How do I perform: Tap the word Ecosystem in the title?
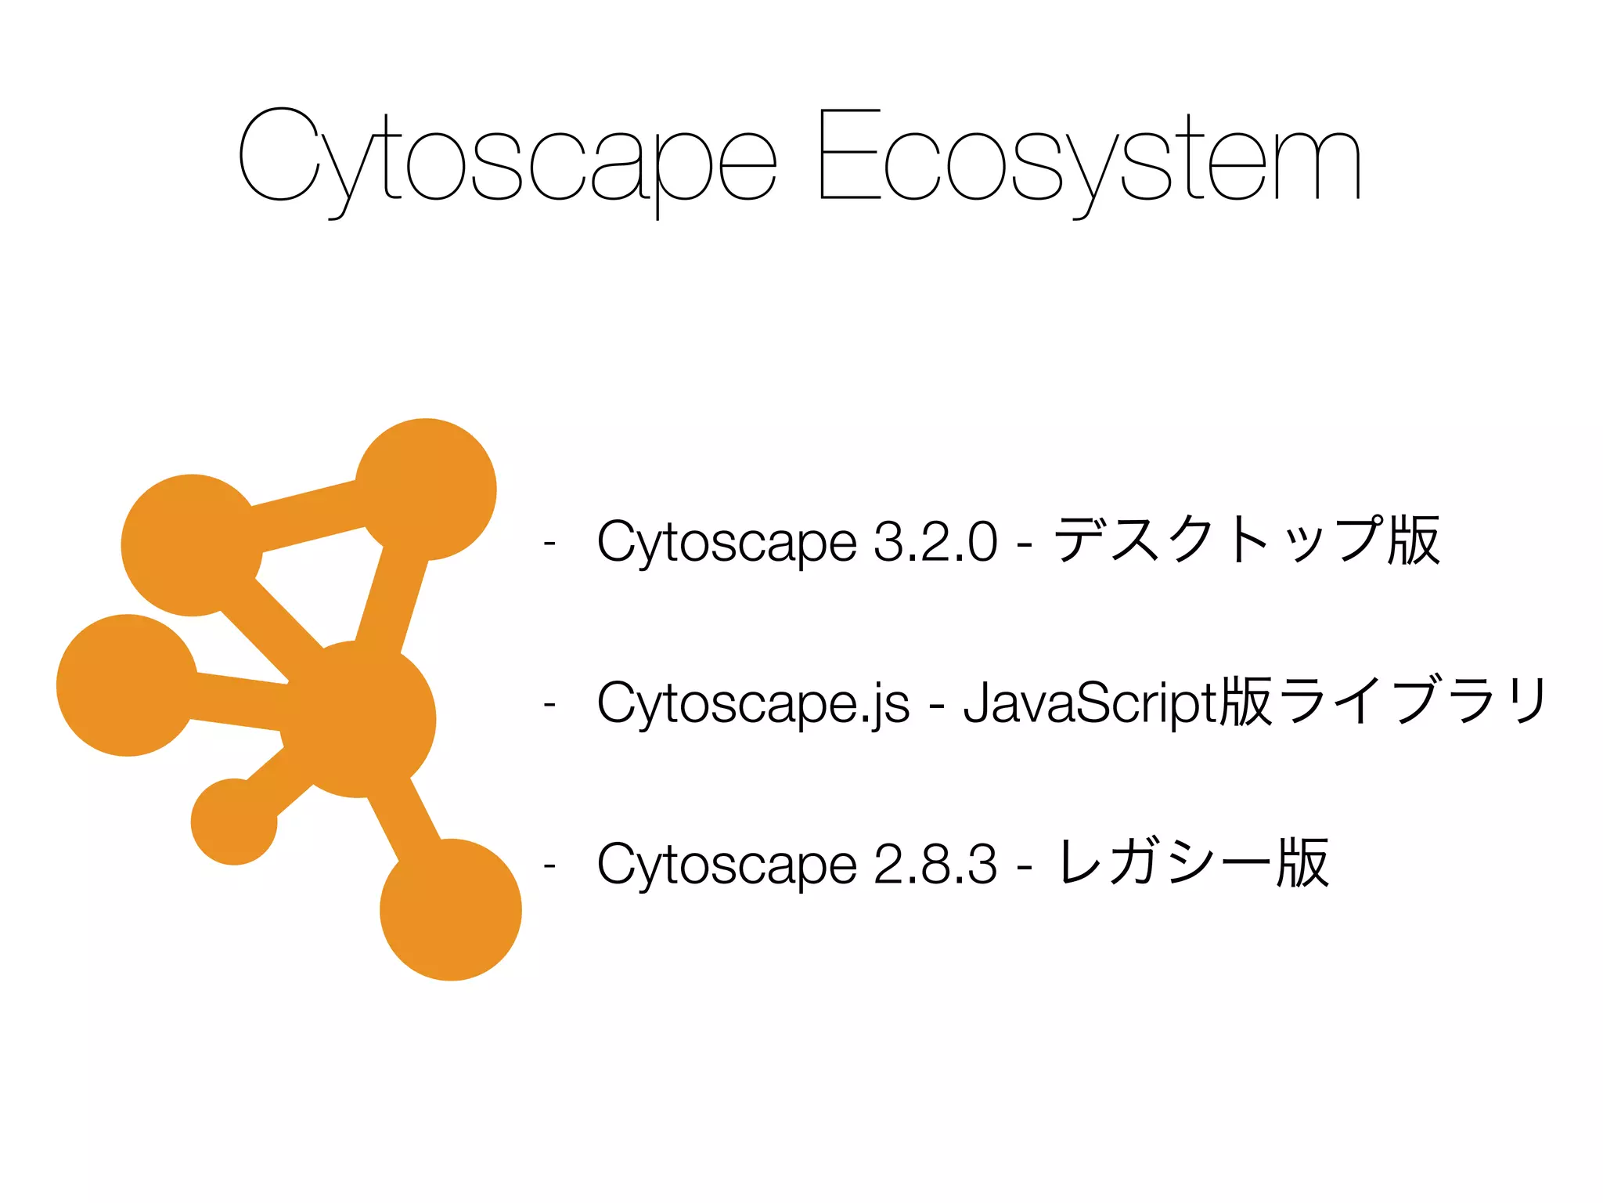(x=1088, y=157)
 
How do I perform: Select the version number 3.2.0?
(x=935, y=541)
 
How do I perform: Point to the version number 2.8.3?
(x=935, y=864)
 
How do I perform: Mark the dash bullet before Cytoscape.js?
(x=549, y=703)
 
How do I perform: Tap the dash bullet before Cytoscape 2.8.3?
(x=549, y=865)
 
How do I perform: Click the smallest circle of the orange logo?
(x=234, y=822)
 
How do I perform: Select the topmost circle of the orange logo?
(x=426, y=490)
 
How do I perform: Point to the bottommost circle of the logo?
(x=451, y=909)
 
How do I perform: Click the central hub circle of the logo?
(x=357, y=719)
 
